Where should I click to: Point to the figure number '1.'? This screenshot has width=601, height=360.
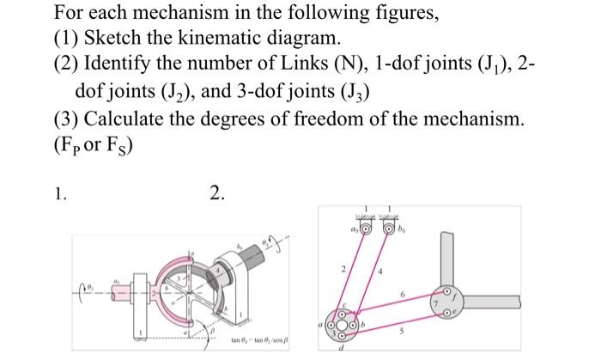pyautogui.click(x=60, y=193)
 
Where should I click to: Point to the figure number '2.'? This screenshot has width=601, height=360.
pyautogui.click(x=217, y=193)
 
